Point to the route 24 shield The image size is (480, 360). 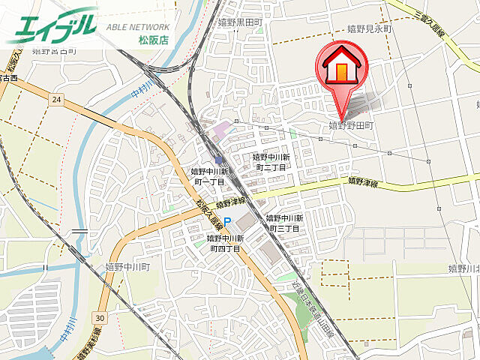pos(56,98)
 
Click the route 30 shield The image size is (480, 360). pos(100,318)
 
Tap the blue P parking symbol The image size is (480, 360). pos(228,221)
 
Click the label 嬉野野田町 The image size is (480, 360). pos(351,126)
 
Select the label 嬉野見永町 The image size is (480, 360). pos(370,29)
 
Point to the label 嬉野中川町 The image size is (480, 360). pos(127,266)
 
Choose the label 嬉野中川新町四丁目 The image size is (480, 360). pos(225,243)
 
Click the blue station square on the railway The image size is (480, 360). pos(219,159)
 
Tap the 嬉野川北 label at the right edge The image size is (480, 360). pos(463,268)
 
